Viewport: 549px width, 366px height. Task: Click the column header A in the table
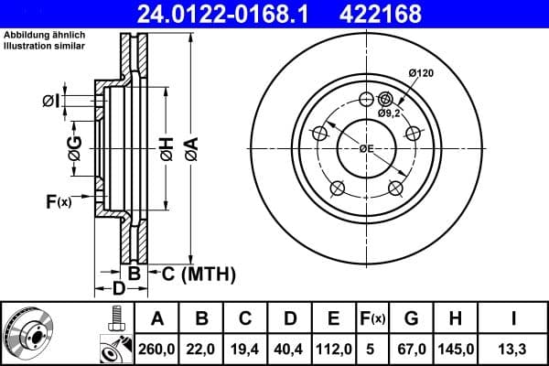coord(157,318)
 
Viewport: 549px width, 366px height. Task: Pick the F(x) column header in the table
coord(374,318)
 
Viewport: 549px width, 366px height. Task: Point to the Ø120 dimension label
coord(420,72)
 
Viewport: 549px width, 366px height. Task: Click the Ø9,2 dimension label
coord(390,113)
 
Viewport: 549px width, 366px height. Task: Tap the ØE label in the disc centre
coord(366,149)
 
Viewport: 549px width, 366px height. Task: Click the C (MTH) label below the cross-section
coord(198,274)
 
